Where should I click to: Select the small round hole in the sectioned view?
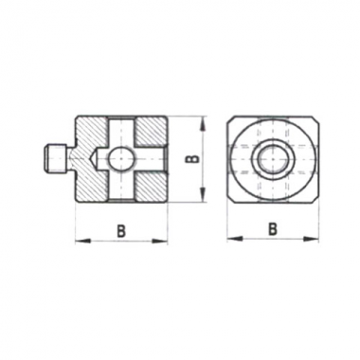121,159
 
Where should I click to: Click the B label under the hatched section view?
121,230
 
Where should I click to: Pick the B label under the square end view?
272,228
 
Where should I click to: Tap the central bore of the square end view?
273,159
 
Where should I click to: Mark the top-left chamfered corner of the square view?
231,121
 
